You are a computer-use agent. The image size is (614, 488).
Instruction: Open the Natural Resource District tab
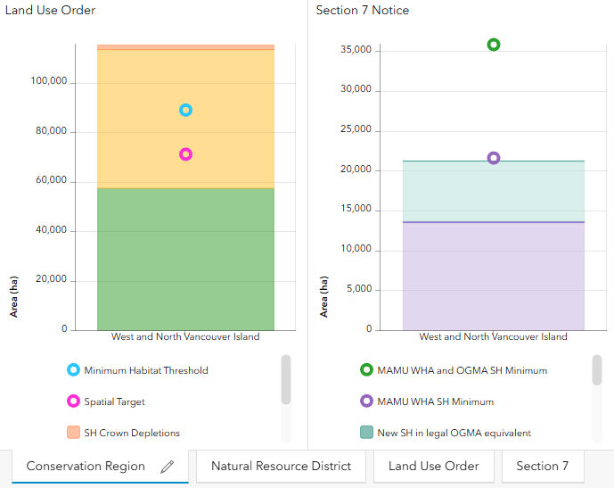pos(281,466)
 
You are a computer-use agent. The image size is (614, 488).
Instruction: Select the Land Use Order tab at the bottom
pos(433,466)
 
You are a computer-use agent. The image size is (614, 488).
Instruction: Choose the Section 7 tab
pos(543,466)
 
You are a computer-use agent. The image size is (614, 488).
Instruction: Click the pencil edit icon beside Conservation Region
pos(168,467)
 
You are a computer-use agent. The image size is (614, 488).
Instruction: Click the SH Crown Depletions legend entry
pos(123,433)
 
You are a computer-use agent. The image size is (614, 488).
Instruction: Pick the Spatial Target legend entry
pos(106,401)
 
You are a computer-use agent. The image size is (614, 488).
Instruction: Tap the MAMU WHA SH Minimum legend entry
pos(427,401)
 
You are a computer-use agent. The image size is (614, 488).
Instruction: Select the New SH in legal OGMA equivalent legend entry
pos(446,433)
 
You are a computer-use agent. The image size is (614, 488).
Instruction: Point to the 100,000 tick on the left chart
pos(49,81)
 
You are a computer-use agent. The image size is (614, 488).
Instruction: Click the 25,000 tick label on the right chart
pos(356,129)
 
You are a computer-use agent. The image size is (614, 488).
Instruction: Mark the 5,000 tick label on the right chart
pos(359,289)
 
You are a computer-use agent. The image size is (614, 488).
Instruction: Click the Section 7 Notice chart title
pos(362,10)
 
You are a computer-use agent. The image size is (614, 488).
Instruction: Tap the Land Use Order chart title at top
pos(50,10)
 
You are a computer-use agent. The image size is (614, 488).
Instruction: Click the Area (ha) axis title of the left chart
pos(13,297)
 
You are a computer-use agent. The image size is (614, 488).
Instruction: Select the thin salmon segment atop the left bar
pos(185,47)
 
